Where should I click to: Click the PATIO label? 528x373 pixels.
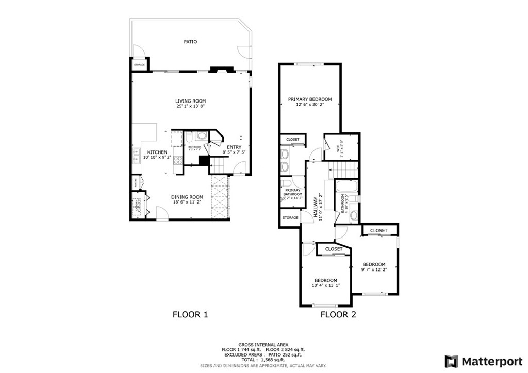(x=190, y=42)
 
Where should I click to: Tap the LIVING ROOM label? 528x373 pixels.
(x=190, y=101)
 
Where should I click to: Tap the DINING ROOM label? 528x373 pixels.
(x=187, y=197)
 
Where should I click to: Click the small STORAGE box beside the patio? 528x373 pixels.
(x=139, y=65)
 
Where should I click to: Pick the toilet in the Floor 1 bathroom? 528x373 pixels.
(x=189, y=138)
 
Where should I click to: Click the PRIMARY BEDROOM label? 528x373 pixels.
(x=310, y=99)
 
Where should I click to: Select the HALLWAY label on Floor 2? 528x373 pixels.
(x=316, y=208)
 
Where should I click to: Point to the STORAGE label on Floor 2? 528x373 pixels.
(x=290, y=218)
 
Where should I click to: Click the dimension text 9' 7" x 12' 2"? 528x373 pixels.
(x=374, y=269)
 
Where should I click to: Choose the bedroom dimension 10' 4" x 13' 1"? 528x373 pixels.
(x=326, y=285)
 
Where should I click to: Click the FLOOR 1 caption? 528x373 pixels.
(x=190, y=314)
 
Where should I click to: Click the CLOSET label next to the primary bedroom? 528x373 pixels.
(x=292, y=140)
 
